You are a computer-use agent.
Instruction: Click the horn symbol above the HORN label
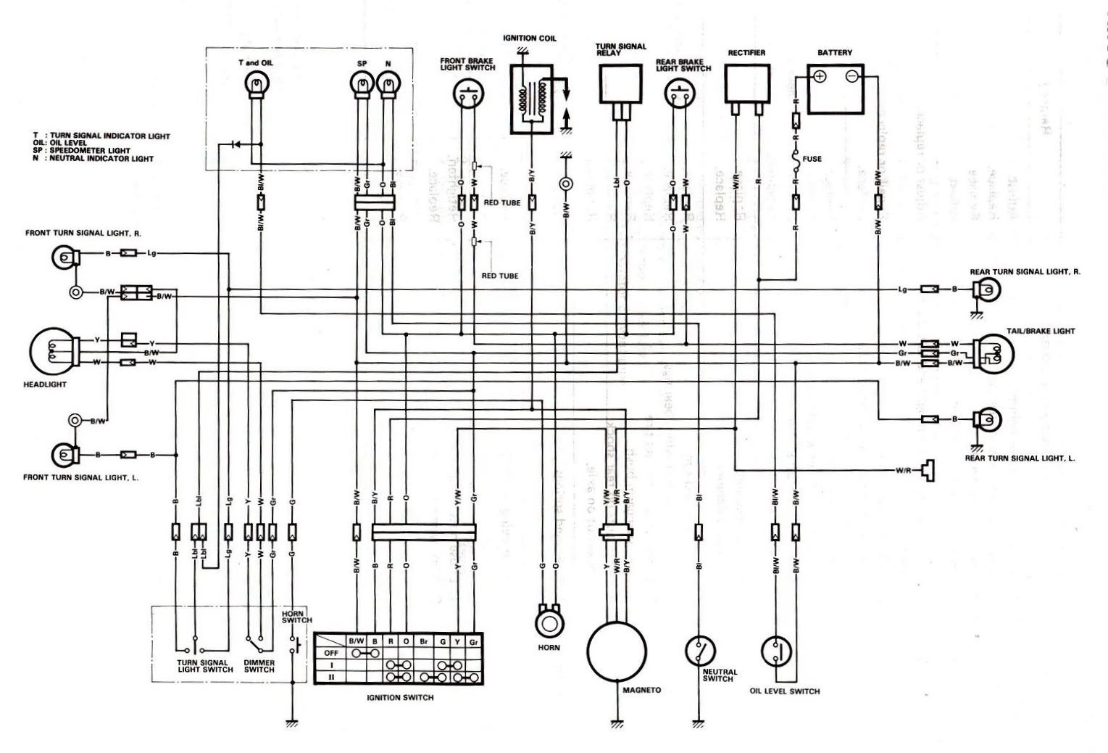point(549,622)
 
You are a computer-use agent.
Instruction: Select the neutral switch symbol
point(699,651)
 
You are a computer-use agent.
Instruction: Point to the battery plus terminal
point(820,76)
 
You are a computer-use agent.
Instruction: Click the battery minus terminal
point(852,76)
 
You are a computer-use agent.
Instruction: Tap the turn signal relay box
point(620,83)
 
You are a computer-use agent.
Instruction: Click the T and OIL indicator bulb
point(255,87)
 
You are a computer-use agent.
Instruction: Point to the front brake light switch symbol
point(467,92)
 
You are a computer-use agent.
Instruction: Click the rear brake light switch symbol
point(679,92)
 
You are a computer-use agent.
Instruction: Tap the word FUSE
point(812,159)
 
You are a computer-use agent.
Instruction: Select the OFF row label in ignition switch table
point(331,652)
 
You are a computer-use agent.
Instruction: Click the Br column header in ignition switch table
point(423,641)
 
